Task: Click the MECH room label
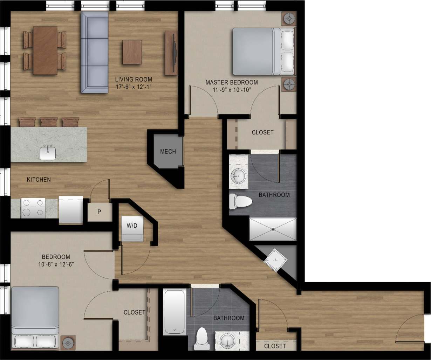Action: pyautogui.click(x=168, y=152)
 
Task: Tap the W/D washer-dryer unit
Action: pyautogui.click(x=132, y=229)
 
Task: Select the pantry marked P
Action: pyautogui.click(x=99, y=212)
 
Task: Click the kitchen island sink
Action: pyautogui.click(x=48, y=153)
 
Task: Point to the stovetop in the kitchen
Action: pyautogui.click(x=33, y=208)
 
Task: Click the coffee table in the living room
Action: pyautogui.click(x=132, y=52)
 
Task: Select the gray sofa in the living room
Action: pyautogui.click(x=95, y=52)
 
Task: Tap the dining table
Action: pyautogui.click(x=45, y=50)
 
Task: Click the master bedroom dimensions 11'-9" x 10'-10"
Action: pyautogui.click(x=231, y=90)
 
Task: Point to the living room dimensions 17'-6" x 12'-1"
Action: pyautogui.click(x=134, y=86)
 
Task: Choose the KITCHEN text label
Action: pyautogui.click(x=39, y=180)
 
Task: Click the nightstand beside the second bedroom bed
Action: pyautogui.click(x=68, y=343)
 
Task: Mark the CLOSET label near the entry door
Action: pyautogui.click(x=275, y=346)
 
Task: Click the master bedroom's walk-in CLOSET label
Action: pyautogui.click(x=262, y=132)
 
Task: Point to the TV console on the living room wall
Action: pyautogui.click(x=171, y=53)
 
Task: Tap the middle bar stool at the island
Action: pyautogui.click(x=49, y=122)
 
